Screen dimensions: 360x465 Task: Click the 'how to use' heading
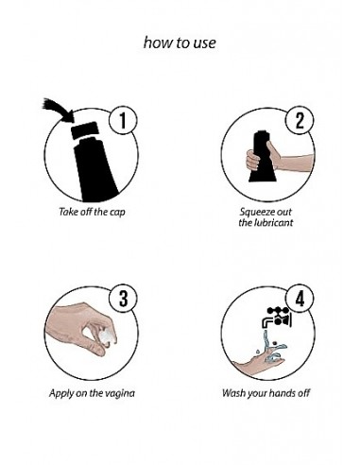180,43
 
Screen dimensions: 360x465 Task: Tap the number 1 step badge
123,120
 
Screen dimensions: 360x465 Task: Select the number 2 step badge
300,120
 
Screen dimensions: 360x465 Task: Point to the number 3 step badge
123,299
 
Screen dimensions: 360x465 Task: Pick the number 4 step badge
300,299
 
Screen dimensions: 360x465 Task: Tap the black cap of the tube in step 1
83,129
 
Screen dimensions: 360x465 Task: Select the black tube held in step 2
263,157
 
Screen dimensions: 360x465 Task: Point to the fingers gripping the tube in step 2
251,160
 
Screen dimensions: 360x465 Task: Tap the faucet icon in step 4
277,317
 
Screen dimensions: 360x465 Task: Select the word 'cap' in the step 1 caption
117,212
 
